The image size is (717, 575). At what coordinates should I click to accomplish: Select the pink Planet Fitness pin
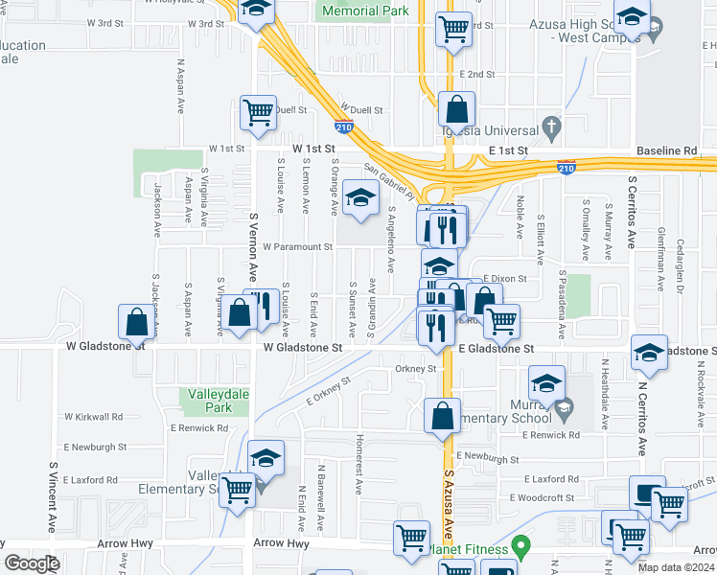(520, 548)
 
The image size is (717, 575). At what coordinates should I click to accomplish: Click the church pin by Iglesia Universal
(551, 126)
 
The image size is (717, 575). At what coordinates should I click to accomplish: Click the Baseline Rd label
(666, 151)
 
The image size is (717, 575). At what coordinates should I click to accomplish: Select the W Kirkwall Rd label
(93, 417)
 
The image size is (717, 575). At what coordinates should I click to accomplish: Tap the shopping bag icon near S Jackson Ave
(137, 322)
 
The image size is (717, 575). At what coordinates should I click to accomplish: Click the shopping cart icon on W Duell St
(258, 112)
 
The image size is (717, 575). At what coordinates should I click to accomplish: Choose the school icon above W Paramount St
(360, 197)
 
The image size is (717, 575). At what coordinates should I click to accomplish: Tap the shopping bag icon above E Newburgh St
(442, 416)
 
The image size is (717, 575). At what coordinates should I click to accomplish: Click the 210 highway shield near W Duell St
(344, 126)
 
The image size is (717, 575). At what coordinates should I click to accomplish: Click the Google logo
(32, 563)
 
